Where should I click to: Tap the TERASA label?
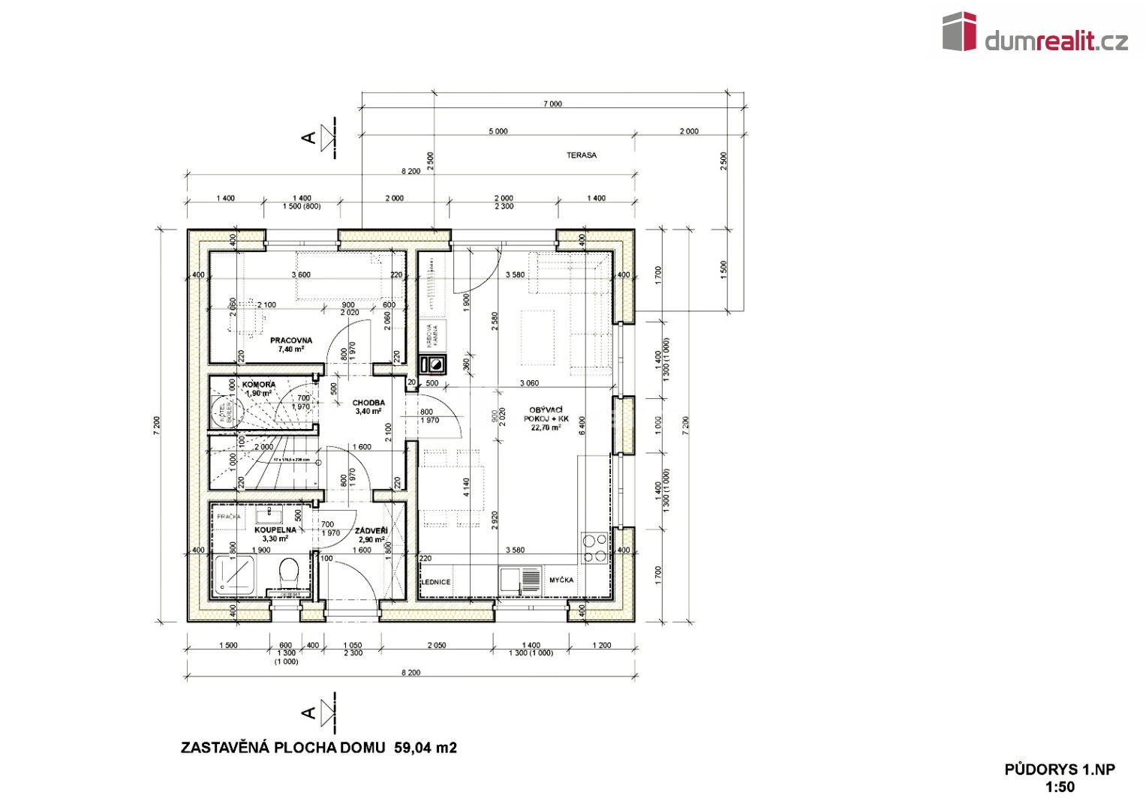click(x=582, y=155)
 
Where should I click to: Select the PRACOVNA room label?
click(x=291, y=340)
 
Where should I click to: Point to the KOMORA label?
click(x=259, y=384)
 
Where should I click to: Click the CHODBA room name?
click(x=368, y=403)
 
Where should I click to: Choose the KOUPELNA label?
click(x=275, y=529)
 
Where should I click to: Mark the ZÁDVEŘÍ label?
click(x=371, y=530)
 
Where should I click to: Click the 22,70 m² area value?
click(x=546, y=427)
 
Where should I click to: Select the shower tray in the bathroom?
click(x=234, y=576)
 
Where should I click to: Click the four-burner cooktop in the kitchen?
click(x=595, y=547)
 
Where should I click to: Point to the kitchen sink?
click(x=520, y=579)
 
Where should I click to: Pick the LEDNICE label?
click(x=435, y=581)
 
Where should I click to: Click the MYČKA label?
click(x=561, y=580)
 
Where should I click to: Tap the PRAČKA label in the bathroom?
click(x=229, y=517)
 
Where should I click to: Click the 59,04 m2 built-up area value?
click(x=426, y=748)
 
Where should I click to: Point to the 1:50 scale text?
click(x=1060, y=787)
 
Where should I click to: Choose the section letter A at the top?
click(x=308, y=137)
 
